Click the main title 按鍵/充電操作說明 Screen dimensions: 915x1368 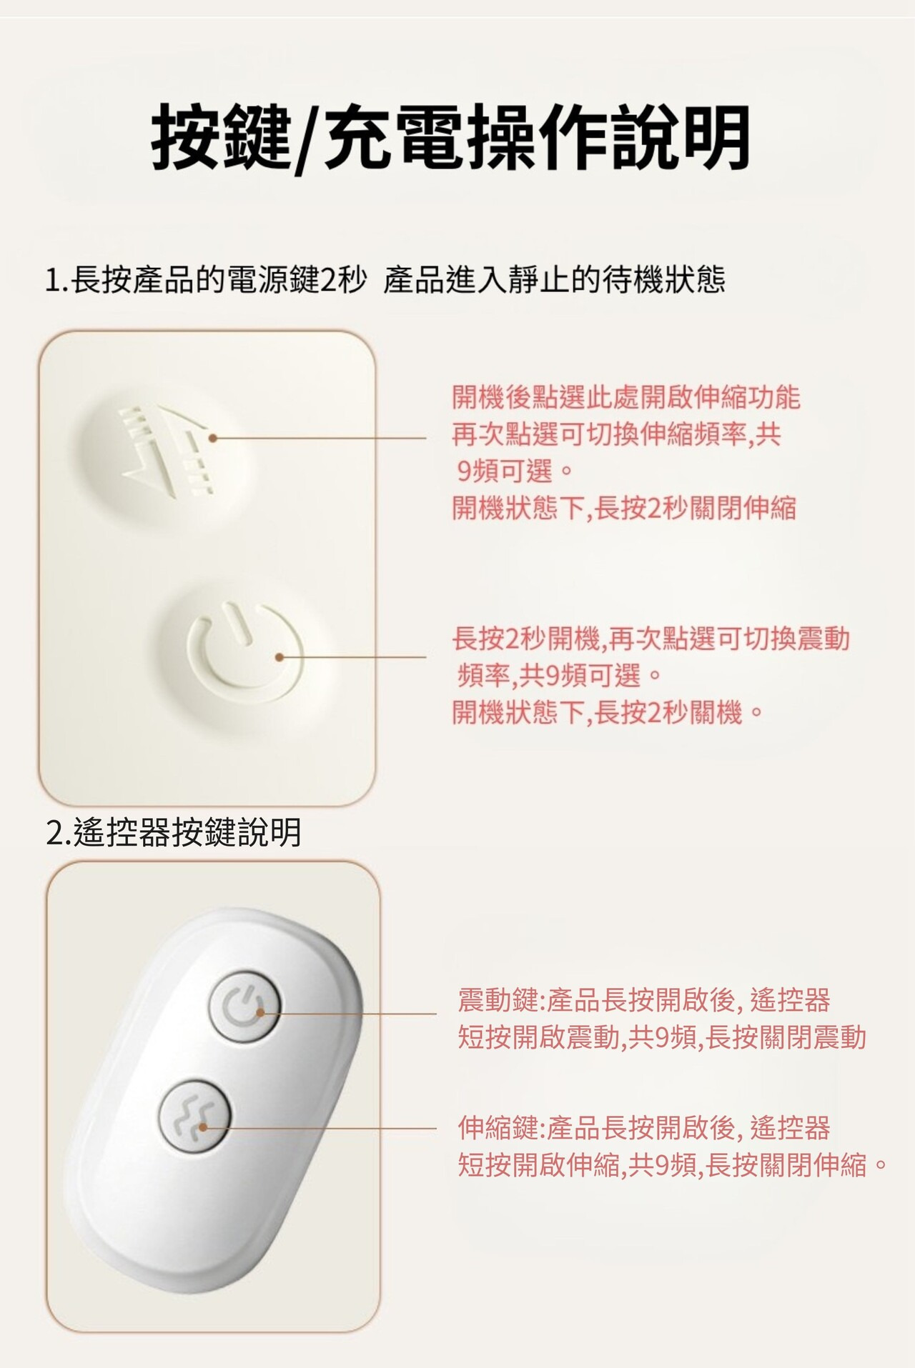[451, 137]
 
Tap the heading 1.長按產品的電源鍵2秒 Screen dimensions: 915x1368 [206, 279]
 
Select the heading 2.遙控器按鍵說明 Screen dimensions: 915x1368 [174, 832]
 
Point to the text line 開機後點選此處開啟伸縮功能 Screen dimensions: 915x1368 [626, 397]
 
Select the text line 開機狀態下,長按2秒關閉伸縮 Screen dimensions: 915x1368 [624, 509]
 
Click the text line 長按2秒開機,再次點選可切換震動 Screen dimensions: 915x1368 [651, 639]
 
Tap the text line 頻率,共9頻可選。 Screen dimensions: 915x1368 [558, 675]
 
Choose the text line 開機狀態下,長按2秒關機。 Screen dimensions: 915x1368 [608, 712]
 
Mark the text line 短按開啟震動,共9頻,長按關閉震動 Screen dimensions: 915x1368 [662, 1037]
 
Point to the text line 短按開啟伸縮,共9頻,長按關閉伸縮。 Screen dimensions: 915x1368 [673, 1165]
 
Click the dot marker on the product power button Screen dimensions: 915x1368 [280, 656]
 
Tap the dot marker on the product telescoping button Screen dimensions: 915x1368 [212, 438]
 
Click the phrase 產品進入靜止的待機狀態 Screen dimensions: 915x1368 [555, 279]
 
